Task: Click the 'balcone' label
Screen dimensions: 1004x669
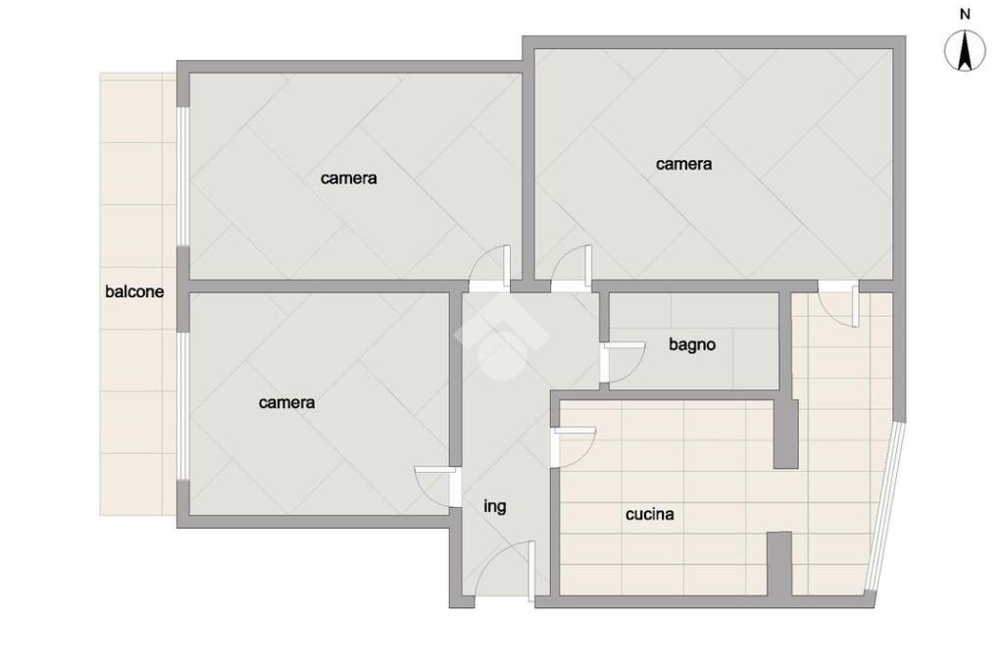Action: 134,292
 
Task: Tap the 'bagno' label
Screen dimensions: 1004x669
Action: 691,344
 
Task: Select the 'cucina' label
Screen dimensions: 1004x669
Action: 649,514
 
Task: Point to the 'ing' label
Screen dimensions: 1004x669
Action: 494,507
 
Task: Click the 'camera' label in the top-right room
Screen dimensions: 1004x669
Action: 683,164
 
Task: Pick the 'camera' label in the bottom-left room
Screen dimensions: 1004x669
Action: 286,402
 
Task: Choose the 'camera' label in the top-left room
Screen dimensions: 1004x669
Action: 348,179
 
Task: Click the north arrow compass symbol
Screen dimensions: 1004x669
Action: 965,51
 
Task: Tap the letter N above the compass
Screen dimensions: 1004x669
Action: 965,14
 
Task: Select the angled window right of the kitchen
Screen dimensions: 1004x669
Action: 886,506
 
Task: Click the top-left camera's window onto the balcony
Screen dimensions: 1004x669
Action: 183,177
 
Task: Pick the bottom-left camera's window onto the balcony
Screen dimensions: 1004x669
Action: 183,406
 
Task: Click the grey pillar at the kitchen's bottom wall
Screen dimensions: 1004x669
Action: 779,563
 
